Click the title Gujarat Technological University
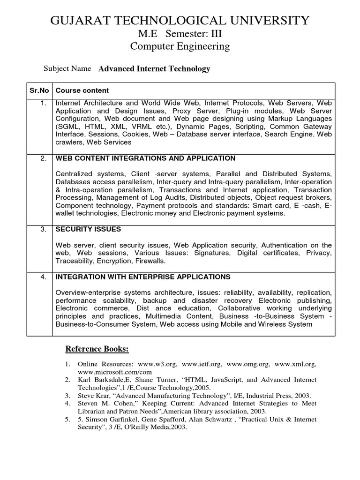[180, 20]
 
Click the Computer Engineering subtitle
[180, 46]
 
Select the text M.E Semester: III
[180, 34]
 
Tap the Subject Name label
[67, 68]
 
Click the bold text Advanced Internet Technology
[154, 69]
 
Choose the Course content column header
[82, 90]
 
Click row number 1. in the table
[43, 102]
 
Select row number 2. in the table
[43, 158]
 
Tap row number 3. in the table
[43, 229]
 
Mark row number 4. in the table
[43, 277]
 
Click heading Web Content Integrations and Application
[145, 158]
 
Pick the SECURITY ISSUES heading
[88, 229]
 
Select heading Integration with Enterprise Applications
[143, 277]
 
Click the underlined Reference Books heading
[97, 349]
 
